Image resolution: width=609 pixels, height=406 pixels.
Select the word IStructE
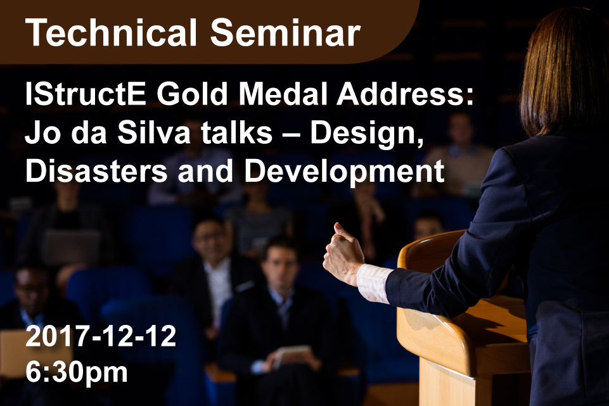click(x=86, y=94)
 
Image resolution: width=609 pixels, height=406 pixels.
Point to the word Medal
click(x=283, y=94)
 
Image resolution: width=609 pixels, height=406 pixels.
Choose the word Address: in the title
click(x=406, y=94)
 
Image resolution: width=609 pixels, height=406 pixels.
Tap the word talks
click(x=237, y=132)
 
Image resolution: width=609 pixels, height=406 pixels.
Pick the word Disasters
click(x=96, y=170)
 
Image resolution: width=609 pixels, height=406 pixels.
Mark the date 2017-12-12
click(x=101, y=336)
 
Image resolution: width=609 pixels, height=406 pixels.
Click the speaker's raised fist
click(x=343, y=253)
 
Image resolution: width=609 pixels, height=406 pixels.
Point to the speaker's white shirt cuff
click(x=373, y=283)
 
